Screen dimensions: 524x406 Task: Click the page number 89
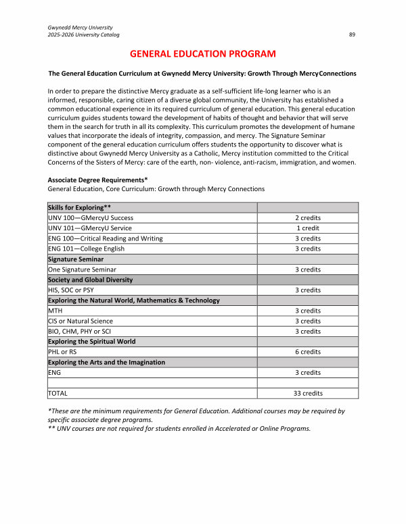tap(352, 34)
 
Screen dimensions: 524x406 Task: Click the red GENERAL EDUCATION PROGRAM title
tap(202, 53)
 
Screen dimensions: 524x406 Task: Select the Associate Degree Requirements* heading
tap(97, 180)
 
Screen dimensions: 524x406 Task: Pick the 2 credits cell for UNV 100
tap(308, 218)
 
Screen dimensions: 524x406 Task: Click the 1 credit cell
tap(308, 228)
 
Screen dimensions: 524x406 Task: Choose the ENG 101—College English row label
tap(86, 248)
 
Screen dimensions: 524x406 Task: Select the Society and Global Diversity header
tap(90, 280)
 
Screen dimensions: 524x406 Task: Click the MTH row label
tap(55, 311)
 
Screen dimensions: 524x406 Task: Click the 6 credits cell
tap(308, 352)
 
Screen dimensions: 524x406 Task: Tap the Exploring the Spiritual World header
tap(92, 342)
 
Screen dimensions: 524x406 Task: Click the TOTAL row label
tap(58, 393)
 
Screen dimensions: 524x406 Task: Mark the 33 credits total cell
tap(308, 393)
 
